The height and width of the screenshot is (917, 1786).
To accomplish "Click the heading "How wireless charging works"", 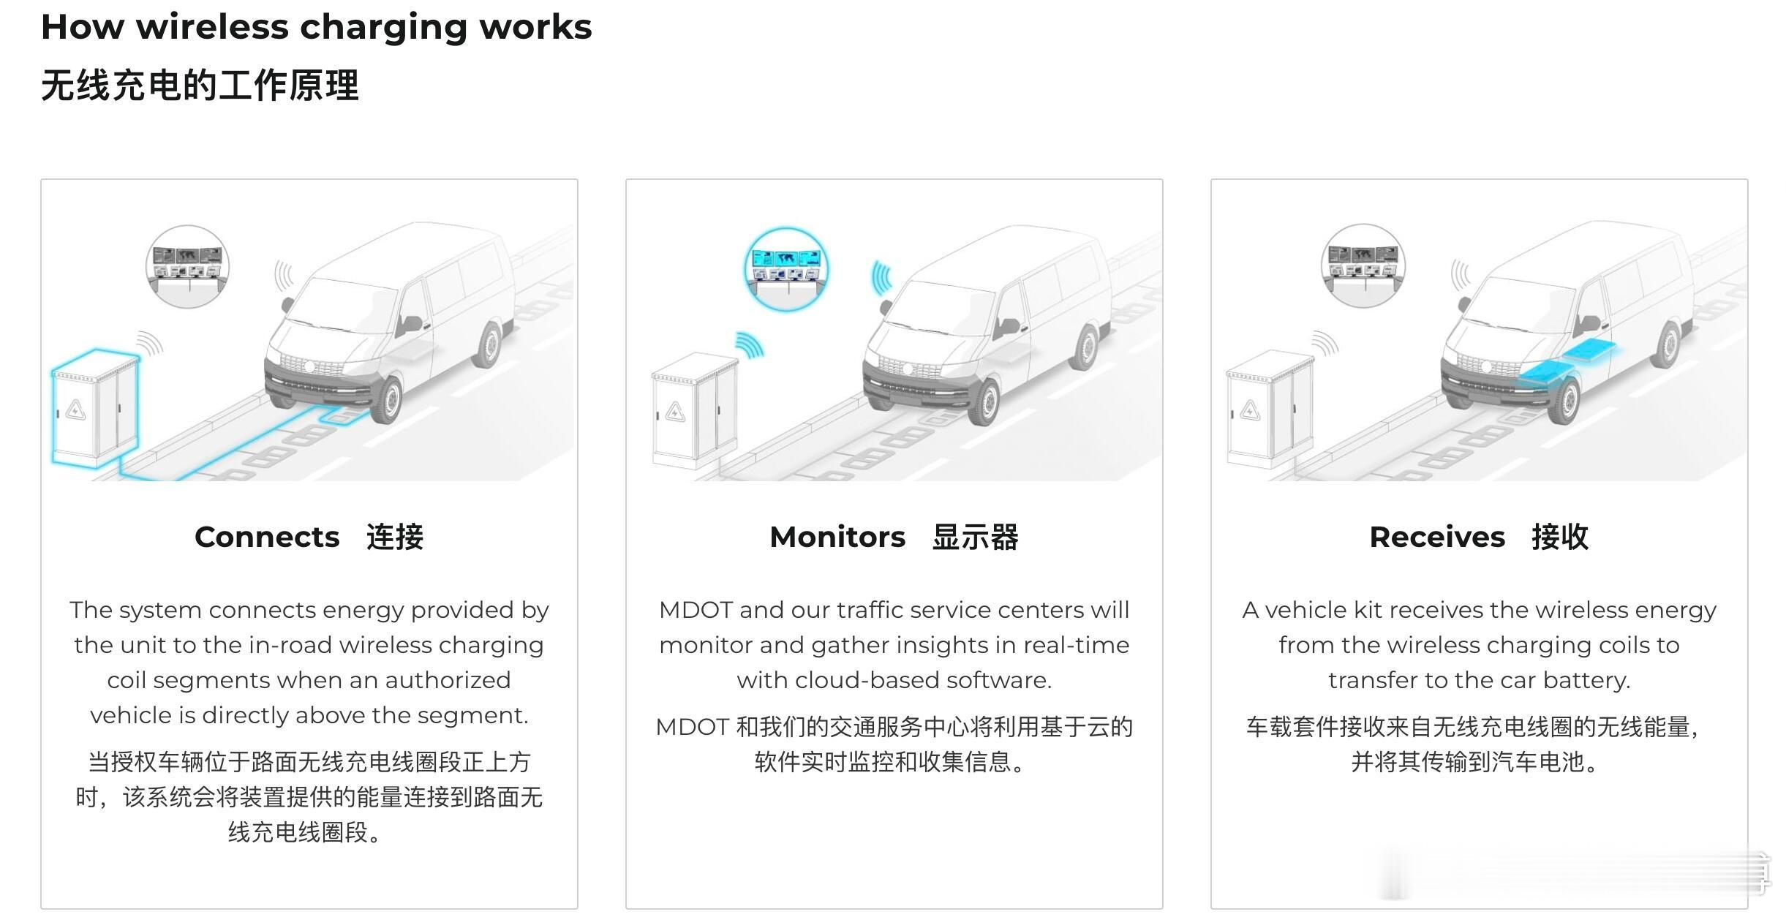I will pyautogui.click(x=316, y=28).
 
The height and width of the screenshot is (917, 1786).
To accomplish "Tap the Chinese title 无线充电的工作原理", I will pyautogui.click(x=200, y=86).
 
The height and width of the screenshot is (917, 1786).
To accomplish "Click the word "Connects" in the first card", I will pyautogui.click(x=267, y=537).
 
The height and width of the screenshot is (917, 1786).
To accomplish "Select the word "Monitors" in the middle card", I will pyautogui.click(x=837, y=537).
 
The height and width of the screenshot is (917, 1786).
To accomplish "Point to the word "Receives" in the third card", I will pyautogui.click(x=1437, y=537).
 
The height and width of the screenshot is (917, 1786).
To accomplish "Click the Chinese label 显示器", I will pyautogui.click(x=975, y=537).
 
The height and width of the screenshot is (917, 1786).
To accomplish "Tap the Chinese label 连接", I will pyautogui.click(x=395, y=537).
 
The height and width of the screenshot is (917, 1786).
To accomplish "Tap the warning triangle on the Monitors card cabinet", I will pyautogui.click(x=675, y=413).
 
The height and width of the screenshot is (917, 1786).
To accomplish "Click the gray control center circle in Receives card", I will pyautogui.click(x=1363, y=265).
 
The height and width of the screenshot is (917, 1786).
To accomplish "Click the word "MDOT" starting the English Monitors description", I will pyautogui.click(x=696, y=610).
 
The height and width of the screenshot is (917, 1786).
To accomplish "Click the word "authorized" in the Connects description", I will pyautogui.click(x=448, y=680).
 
